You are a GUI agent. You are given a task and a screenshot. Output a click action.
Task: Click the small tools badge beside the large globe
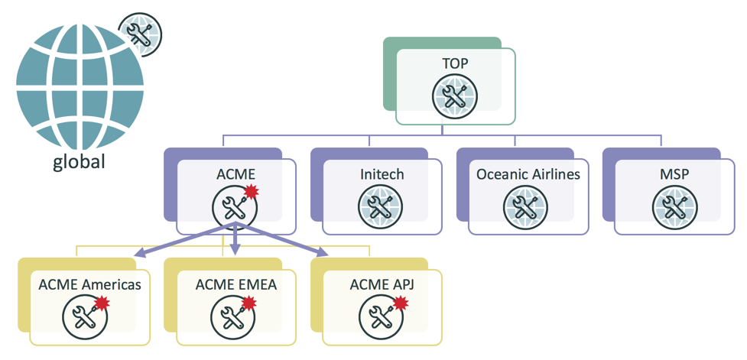point(140,34)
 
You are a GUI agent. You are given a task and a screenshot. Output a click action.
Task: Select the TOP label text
point(455,64)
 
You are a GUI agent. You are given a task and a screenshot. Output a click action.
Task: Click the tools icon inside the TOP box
point(454,97)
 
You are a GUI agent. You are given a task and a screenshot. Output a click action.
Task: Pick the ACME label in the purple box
point(236,174)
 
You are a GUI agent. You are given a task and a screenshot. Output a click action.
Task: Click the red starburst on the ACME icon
point(251,192)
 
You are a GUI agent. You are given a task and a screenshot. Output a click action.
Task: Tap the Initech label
point(382,174)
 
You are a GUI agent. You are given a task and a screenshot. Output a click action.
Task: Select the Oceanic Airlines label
point(528,174)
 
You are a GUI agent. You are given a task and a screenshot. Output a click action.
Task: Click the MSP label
point(674,174)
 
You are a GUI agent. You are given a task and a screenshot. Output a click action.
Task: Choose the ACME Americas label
point(89,284)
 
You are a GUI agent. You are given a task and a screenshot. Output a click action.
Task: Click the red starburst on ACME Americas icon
point(103,303)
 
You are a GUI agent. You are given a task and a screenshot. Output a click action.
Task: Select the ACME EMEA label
point(235,284)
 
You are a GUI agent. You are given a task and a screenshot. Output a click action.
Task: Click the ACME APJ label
point(382,284)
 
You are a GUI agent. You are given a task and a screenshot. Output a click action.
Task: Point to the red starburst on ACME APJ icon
point(397,303)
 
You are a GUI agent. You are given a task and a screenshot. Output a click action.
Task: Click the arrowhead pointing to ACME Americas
point(139,254)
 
